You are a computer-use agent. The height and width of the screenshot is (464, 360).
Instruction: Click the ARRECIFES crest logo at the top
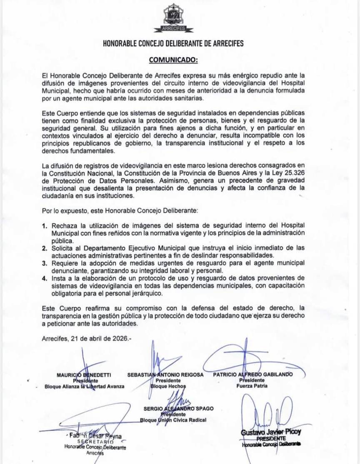tap(173, 17)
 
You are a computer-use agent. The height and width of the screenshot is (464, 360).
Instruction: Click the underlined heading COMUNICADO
tap(173, 60)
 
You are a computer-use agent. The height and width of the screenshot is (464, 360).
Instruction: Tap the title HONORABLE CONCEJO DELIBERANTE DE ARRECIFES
tap(173, 43)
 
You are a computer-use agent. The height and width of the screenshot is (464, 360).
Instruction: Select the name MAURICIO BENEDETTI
tap(84, 374)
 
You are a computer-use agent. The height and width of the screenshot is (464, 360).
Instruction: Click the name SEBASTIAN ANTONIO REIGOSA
tap(165, 374)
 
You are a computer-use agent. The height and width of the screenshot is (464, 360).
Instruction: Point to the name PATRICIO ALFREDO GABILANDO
tap(253, 374)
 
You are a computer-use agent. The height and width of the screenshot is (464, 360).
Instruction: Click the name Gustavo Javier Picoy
tap(270, 432)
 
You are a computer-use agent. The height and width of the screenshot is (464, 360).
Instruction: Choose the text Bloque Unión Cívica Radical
tap(173, 420)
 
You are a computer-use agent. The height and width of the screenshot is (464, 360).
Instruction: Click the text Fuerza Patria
tap(252, 386)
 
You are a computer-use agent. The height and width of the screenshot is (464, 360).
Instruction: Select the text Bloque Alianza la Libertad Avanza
tap(85, 386)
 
